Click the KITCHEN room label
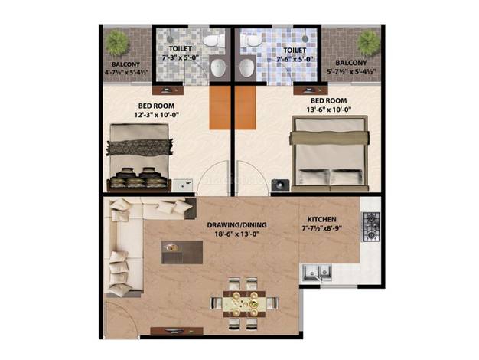coord(321,219)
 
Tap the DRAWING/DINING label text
coord(236,225)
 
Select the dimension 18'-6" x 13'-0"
coord(236,234)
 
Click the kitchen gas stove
coord(371,227)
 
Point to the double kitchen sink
coord(317,273)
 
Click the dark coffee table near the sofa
coord(182,252)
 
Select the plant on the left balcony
coord(117,43)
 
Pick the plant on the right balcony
coord(369,43)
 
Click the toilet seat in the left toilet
coord(213,41)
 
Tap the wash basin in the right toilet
coord(246,67)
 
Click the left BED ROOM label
coord(156,106)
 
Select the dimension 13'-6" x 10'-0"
coord(329,110)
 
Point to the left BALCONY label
coord(125,64)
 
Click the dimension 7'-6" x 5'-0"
coord(295,59)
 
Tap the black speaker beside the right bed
coord(280,185)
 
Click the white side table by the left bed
coord(183,185)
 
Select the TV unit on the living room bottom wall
coord(177,331)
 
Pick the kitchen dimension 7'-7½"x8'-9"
coord(321,228)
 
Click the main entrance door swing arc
coord(129,313)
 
